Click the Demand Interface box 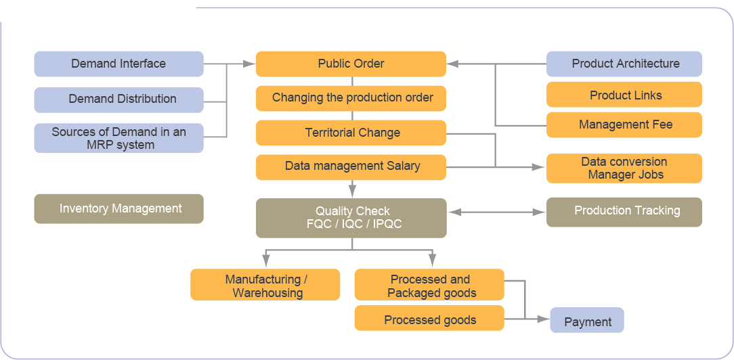(x=118, y=64)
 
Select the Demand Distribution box (x=118, y=99)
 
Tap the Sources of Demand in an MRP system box (x=118, y=138)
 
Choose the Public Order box (x=351, y=64)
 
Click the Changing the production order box (x=351, y=98)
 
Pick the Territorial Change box (x=351, y=133)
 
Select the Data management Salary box (x=351, y=166)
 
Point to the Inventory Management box (x=118, y=208)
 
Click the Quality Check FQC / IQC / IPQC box (x=351, y=218)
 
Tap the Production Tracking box (x=624, y=211)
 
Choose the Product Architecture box (x=624, y=64)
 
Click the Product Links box (x=624, y=95)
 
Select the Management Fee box (x=624, y=125)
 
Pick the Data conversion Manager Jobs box (x=624, y=168)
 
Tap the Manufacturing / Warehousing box (x=265, y=285)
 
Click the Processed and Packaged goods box (x=429, y=285)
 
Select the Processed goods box (x=429, y=319)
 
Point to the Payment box (x=586, y=321)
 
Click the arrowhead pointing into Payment (x=543, y=319)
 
